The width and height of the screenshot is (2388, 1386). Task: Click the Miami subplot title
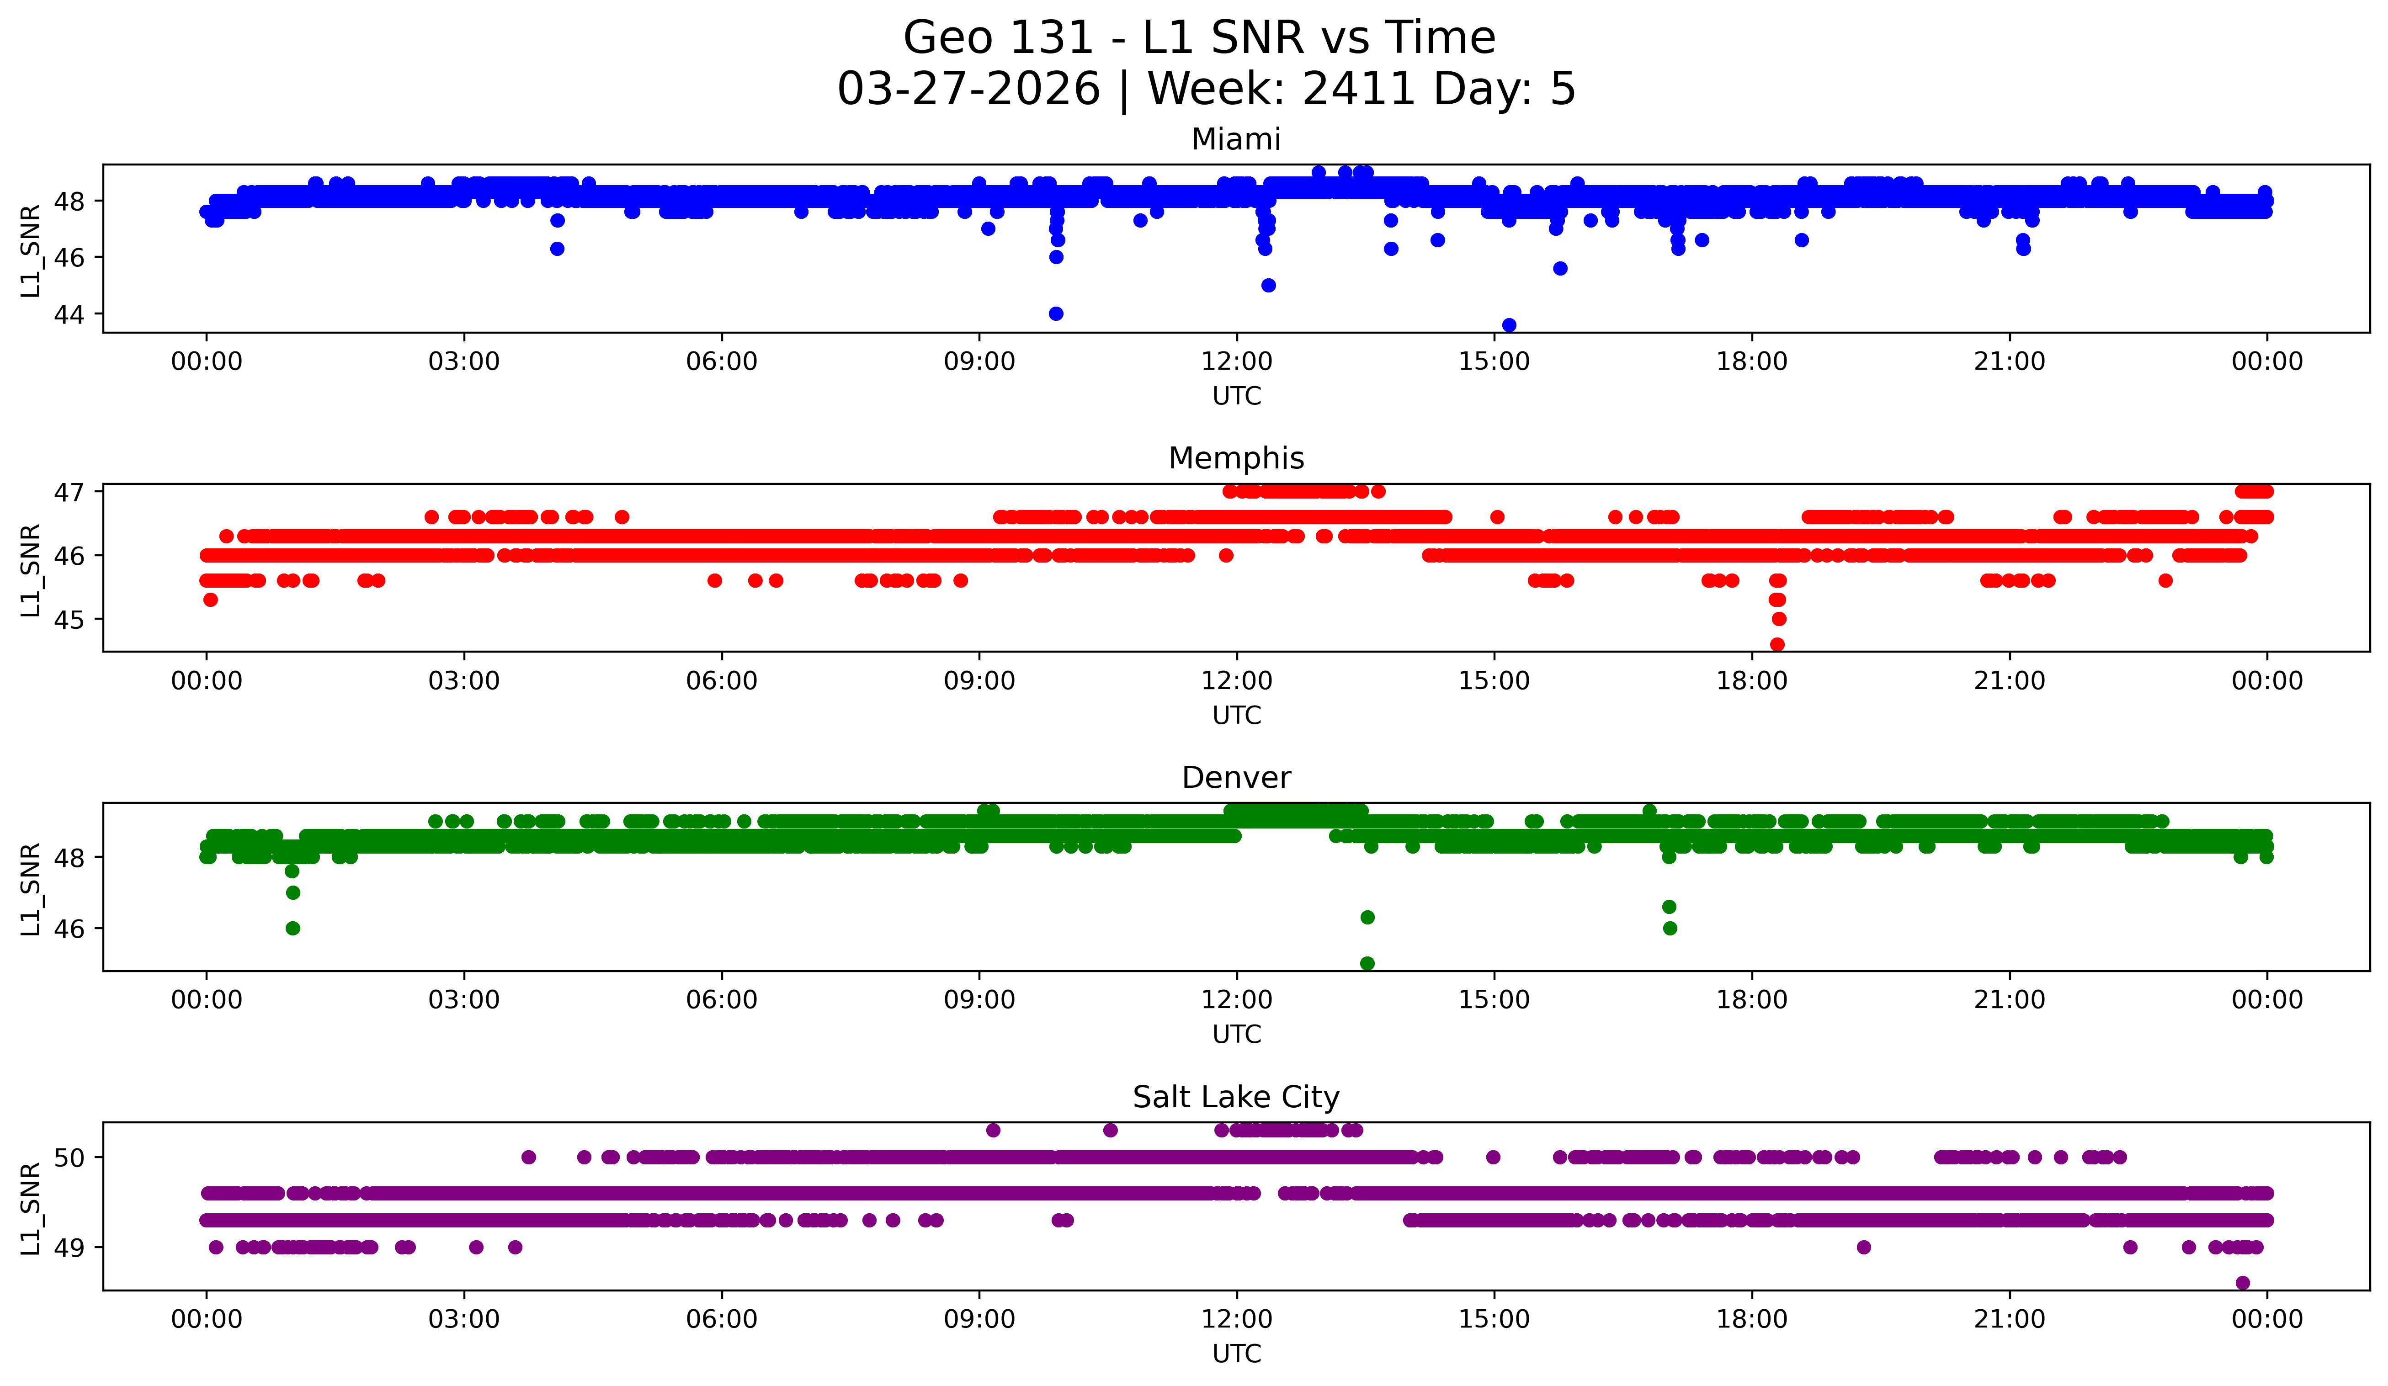pos(1236,139)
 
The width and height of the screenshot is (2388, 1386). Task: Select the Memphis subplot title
pos(1236,458)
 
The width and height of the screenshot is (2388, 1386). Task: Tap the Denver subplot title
pos(1236,778)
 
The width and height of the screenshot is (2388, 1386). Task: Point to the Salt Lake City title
pos(1236,1097)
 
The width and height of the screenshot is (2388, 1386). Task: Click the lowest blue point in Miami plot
pos(1510,325)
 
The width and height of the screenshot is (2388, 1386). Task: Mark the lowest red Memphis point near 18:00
pos(1778,644)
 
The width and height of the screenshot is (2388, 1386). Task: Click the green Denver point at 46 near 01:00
pos(293,929)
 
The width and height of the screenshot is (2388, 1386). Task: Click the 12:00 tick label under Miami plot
pos(1237,361)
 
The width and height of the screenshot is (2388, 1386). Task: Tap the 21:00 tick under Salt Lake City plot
pos(2009,1319)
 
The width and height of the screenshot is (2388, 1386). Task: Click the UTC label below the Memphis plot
pos(1237,715)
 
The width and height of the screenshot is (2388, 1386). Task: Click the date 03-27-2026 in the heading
pos(968,89)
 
